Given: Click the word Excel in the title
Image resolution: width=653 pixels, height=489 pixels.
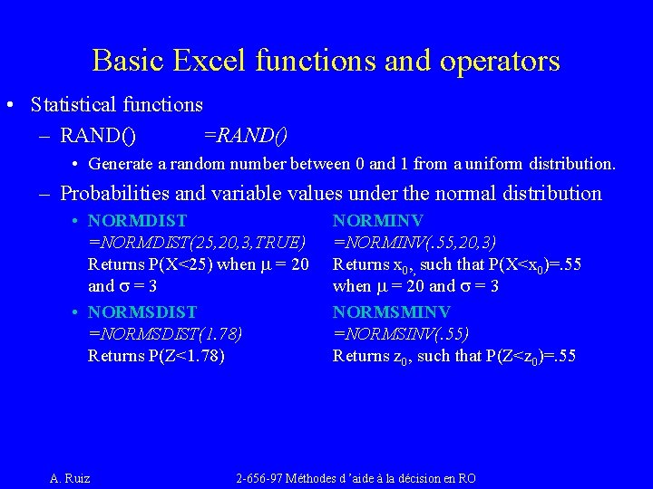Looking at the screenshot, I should click(214, 61).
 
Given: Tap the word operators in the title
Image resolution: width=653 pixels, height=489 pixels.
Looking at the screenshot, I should click(502, 61).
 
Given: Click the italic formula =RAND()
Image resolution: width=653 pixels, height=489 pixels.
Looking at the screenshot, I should click(245, 136).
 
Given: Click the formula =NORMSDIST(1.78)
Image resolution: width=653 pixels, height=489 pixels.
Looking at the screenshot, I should click(165, 333).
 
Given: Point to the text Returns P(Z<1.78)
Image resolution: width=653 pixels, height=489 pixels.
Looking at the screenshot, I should click(156, 356).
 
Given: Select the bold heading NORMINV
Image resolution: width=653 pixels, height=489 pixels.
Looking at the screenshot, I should click(378, 220).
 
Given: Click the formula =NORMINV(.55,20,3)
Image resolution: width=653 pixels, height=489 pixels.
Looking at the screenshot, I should click(414, 243).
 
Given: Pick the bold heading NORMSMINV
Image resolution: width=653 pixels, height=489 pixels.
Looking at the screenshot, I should click(392, 311).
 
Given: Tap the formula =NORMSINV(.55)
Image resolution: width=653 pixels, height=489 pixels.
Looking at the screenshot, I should click(401, 333).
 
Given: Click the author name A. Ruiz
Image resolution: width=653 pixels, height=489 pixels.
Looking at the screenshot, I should click(70, 478).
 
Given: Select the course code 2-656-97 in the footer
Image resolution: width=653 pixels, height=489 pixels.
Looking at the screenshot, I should click(262, 478).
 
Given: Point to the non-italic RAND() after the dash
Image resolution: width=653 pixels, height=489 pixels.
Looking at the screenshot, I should click(98, 136).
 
